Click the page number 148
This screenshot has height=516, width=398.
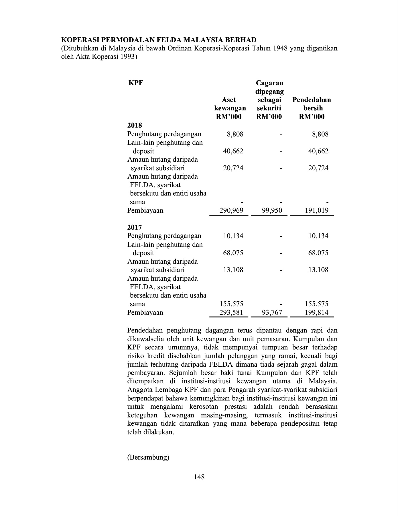199,477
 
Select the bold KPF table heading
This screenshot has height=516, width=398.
135,83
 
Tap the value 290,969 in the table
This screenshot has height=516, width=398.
231,211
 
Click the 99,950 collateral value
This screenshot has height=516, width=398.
272,211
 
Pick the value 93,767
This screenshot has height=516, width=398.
272,312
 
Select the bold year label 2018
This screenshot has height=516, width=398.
135,126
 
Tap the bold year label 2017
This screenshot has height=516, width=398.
135,227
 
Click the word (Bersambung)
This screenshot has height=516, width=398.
148,457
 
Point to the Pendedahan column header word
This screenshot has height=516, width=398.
312,100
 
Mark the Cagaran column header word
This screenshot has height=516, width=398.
269,83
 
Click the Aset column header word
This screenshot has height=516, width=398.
229,100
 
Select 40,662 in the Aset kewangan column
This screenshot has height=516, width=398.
233,151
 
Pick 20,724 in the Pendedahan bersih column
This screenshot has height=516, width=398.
318,168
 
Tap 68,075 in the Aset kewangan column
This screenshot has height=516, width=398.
233,253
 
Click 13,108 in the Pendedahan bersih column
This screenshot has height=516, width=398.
318,270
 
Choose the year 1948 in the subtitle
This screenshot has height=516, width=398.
281,48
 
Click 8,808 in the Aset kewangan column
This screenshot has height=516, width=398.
235,134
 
